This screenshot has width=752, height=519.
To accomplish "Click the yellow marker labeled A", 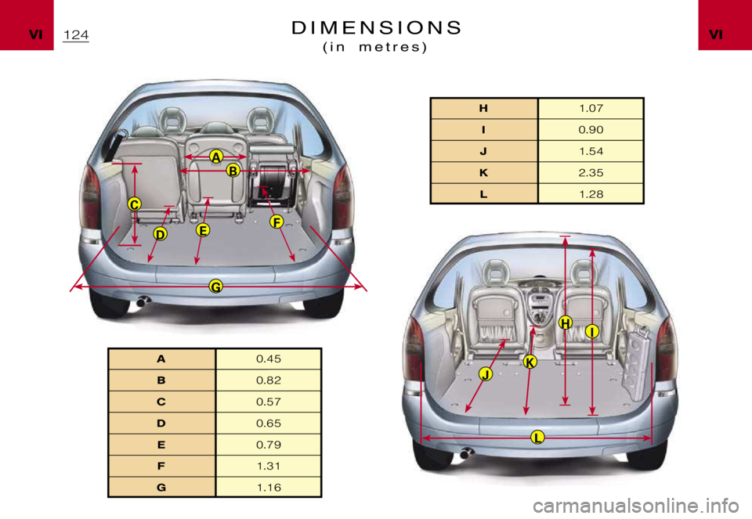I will pos(215,157).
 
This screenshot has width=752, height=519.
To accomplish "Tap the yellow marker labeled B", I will pos(232,171).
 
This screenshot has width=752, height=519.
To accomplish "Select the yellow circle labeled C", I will pos(135,204).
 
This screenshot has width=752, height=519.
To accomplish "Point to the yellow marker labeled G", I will pos(215,287).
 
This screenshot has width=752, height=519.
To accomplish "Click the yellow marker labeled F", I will pos(277,222).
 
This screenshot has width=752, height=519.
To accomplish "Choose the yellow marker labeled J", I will pos(486,375).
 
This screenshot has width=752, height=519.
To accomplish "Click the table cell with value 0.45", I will pos(268,359).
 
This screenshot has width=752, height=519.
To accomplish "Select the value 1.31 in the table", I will pos(268,466).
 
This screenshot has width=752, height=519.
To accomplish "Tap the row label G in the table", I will pos(161,487).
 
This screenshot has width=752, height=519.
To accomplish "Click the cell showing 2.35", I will pos(590,172).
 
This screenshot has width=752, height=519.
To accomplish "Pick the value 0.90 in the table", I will pos(590,130).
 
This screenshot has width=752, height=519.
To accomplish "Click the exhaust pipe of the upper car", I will pos(142,301).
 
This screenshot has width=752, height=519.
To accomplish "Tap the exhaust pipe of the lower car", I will pos(467,453).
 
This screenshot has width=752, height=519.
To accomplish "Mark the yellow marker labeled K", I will pos(530,362).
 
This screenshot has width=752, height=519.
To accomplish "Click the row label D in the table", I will pos(161,423).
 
